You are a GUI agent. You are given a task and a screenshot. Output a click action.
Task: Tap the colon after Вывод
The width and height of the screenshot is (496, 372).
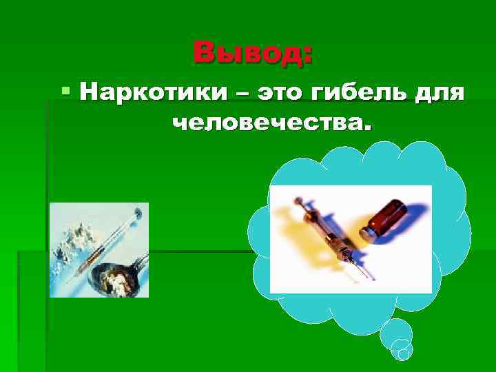pyautogui.click(x=307, y=54)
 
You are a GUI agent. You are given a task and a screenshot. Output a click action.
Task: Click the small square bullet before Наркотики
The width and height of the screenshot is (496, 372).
pyautogui.click(x=65, y=90)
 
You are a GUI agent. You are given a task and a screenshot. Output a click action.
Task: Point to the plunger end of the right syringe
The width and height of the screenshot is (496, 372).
pyautogui.click(x=298, y=203)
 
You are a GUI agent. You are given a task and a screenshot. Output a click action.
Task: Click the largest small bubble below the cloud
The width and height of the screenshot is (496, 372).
pyautogui.click(x=396, y=334)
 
